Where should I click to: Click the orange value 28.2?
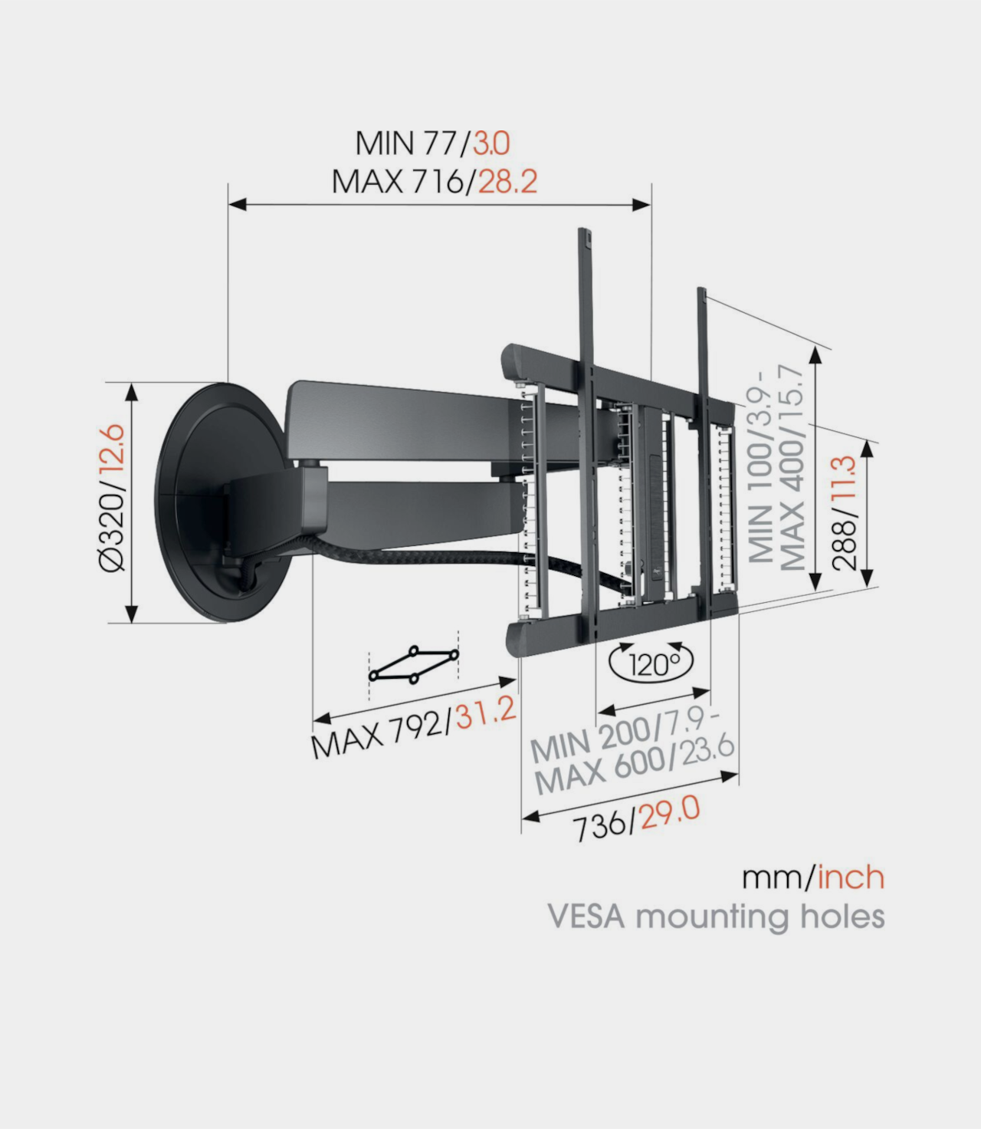coord(507,182)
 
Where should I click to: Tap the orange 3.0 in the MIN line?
coord(491,143)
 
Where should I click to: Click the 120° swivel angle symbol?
coord(651,662)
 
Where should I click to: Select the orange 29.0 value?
coord(669,812)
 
